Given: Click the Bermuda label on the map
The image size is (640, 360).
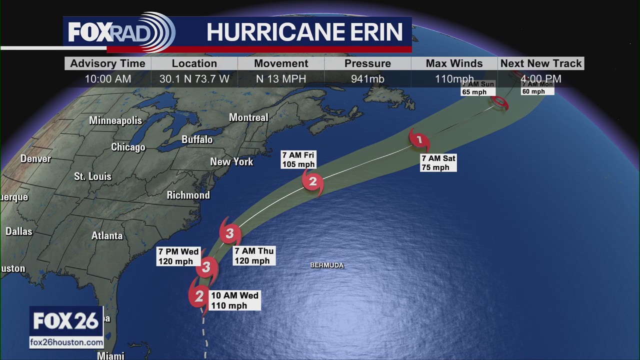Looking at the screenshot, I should click(x=327, y=265).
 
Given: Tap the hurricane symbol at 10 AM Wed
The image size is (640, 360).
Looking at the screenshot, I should click(x=199, y=296).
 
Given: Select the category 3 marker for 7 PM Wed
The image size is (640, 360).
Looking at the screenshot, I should click(x=206, y=267).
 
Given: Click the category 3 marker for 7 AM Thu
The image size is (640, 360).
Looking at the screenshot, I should click(x=229, y=233).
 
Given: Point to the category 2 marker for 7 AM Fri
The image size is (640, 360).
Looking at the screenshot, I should click(x=313, y=181).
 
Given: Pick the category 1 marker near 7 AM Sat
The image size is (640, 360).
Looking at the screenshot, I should click(x=419, y=140).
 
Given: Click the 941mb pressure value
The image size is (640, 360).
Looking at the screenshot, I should click(x=367, y=79).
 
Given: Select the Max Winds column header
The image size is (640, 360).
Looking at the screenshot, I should click(x=454, y=63).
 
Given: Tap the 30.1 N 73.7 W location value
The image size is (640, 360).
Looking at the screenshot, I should click(x=194, y=79).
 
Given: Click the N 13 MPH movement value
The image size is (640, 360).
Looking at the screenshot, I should click(x=281, y=79).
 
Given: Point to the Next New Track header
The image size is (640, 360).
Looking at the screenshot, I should click(x=541, y=63).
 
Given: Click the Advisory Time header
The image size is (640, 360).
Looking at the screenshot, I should click(x=107, y=63).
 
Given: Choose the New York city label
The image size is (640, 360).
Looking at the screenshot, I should click(x=231, y=162).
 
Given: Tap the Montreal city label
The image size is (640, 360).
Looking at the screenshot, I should click(x=248, y=117).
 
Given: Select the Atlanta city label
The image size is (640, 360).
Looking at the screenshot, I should click(x=107, y=236).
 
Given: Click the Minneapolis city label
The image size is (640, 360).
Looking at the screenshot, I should click(x=115, y=120).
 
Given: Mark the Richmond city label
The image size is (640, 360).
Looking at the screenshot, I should click(x=188, y=195).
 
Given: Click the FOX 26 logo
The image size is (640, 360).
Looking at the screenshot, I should click(x=66, y=321).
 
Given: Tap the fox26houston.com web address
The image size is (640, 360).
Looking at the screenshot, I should click(x=66, y=342).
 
